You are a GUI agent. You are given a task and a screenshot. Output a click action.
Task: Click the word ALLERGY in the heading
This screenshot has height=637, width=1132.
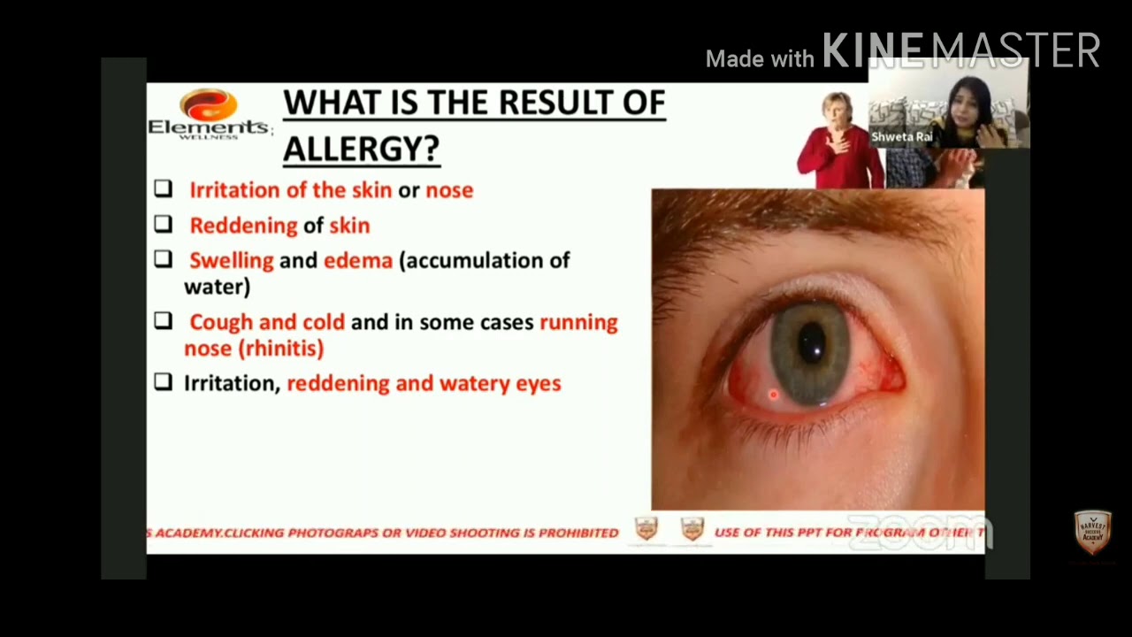tap(361, 148)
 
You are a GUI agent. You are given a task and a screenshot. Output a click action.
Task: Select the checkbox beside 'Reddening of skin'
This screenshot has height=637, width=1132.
tap(163, 225)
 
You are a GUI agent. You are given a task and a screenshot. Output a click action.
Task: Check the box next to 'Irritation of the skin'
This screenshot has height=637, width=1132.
tap(163, 188)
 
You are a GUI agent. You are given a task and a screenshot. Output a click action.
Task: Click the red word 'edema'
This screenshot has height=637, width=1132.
tap(357, 260)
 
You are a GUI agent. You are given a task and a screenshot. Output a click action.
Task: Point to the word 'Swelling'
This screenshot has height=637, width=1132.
tap(231, 260)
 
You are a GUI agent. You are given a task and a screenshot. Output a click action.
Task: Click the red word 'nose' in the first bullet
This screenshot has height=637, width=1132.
tap(449, 189)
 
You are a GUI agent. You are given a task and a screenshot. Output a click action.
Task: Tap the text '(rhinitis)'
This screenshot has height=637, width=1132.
tap(281, 348)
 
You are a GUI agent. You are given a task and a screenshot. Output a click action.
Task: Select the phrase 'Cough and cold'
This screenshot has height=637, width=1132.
tap(267, 322)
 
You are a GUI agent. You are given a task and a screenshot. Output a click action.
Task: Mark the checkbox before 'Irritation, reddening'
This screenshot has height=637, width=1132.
tap(163, 382)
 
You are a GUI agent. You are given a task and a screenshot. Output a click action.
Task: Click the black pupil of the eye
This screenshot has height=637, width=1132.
tap(811, 345)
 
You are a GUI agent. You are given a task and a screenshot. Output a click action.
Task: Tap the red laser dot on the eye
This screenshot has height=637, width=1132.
tap(773, 395)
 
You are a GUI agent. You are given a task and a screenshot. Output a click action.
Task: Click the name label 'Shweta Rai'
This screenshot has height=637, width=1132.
tap(901, 137)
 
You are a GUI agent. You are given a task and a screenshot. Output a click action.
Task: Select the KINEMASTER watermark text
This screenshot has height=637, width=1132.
tap(961, 51)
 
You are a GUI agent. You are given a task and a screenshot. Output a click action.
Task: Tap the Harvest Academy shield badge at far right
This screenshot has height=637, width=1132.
tap(1092, 533)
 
